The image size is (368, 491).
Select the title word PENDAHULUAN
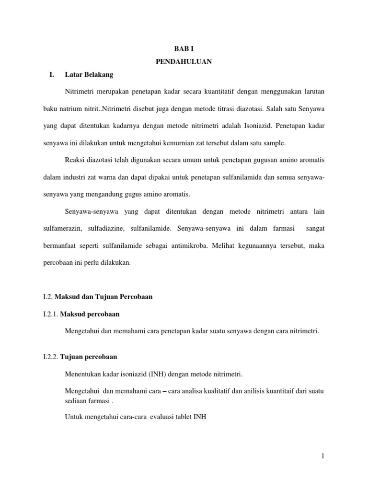coord(184,62)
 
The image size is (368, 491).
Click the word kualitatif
coord(217,391)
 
